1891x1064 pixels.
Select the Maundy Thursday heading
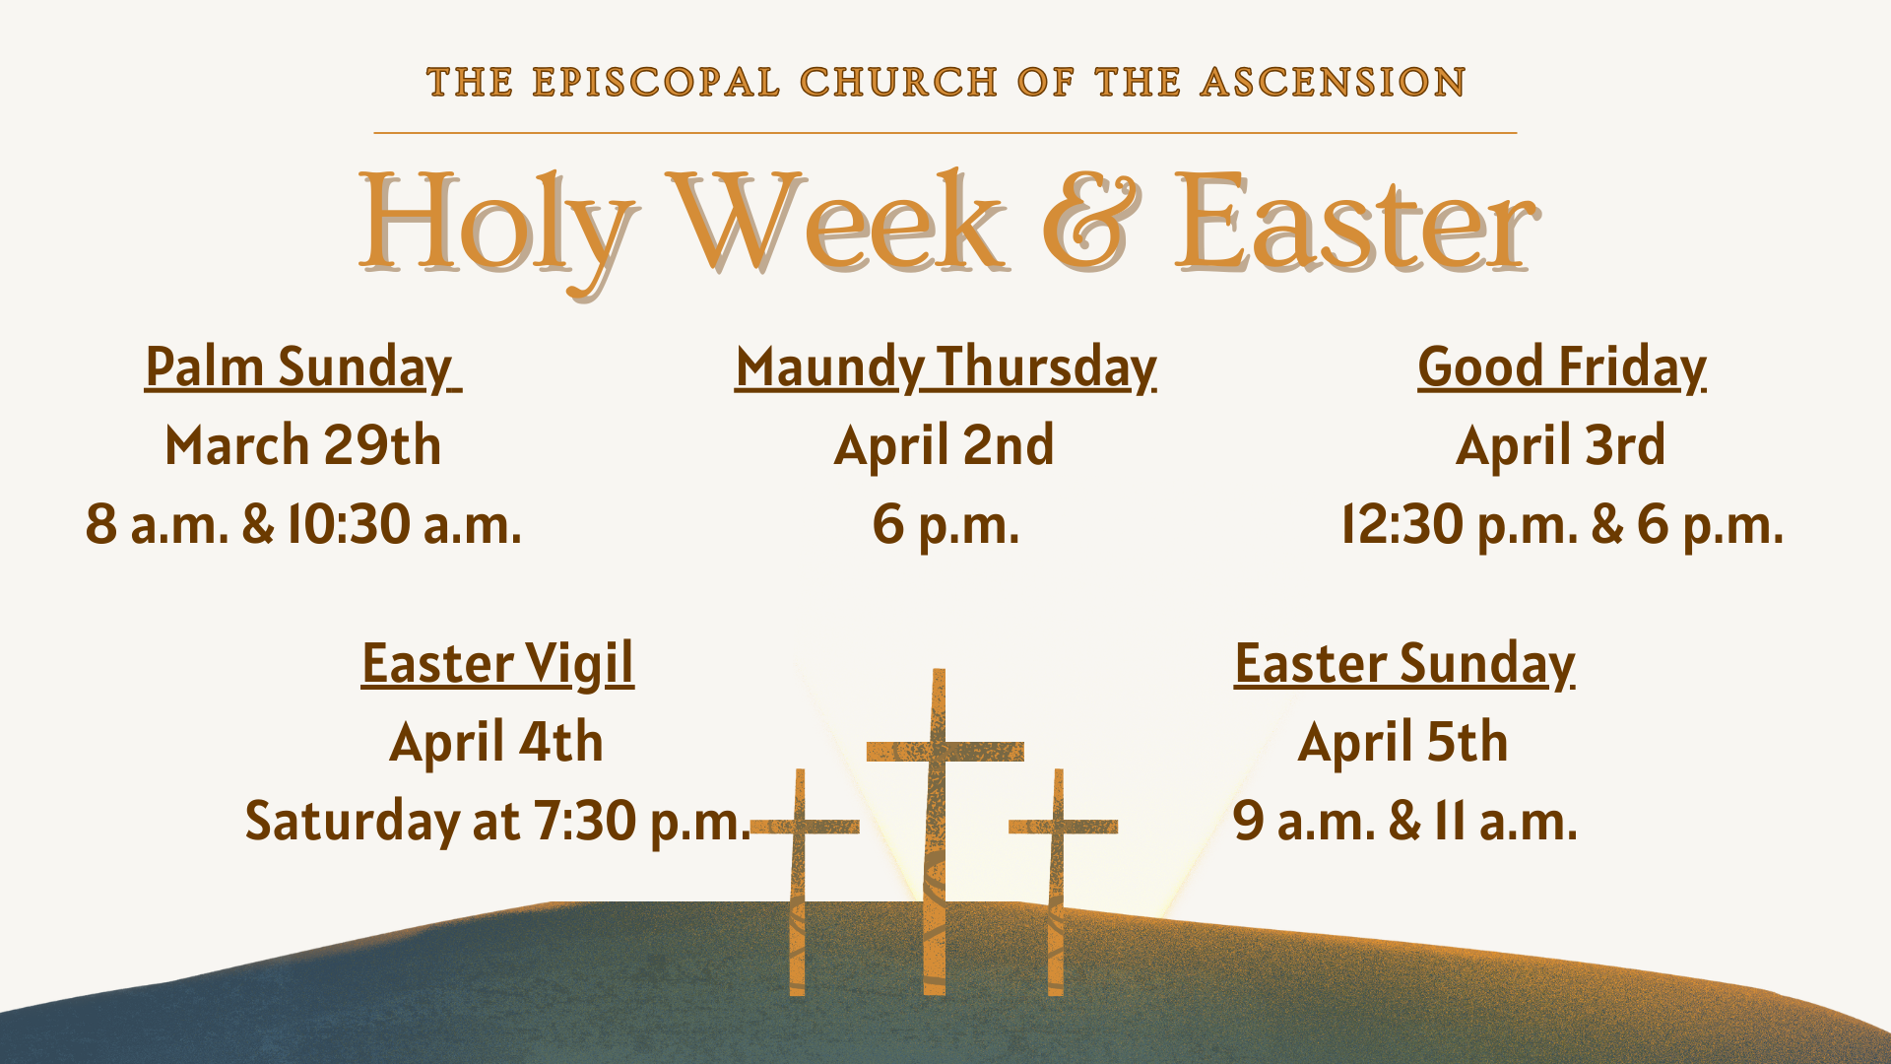pyautogui.click(x=945, y=368)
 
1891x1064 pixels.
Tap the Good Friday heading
pyautogui.click(x=1562, y=368)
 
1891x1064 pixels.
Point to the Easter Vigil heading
pyautogui.click(x=497, y=665)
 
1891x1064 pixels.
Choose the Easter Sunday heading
pyautogui.click(x=1404, y=665)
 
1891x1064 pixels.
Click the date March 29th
pyautogui.click(x=302, y=445)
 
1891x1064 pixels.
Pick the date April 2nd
pyautogui.click(x=944, y=445)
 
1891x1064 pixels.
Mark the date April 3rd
pyautogui.click(x=1561, y=445)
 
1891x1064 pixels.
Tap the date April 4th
pyautogui.click(x=496, y=742)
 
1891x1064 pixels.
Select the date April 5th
pyautogui.click(x=1402, y=742)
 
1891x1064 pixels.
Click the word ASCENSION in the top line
pyautogui.click(x=1333, y=83)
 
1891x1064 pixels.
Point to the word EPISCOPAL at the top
pyautogui.click(x=656, y=83)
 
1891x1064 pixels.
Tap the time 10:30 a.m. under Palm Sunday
pyautogui.click(x=404, y=524)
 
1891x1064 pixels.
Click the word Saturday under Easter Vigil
pyautogui.click(x=353, y=822)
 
